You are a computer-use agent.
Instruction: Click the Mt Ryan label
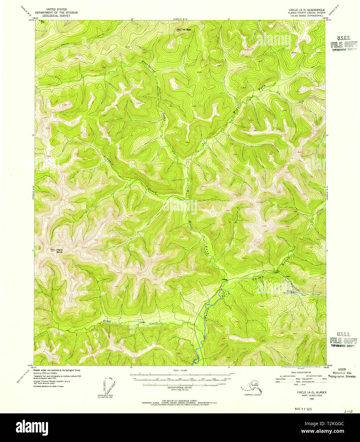188,30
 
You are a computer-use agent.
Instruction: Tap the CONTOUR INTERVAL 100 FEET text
180,388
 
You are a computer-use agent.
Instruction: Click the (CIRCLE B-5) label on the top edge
180,19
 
